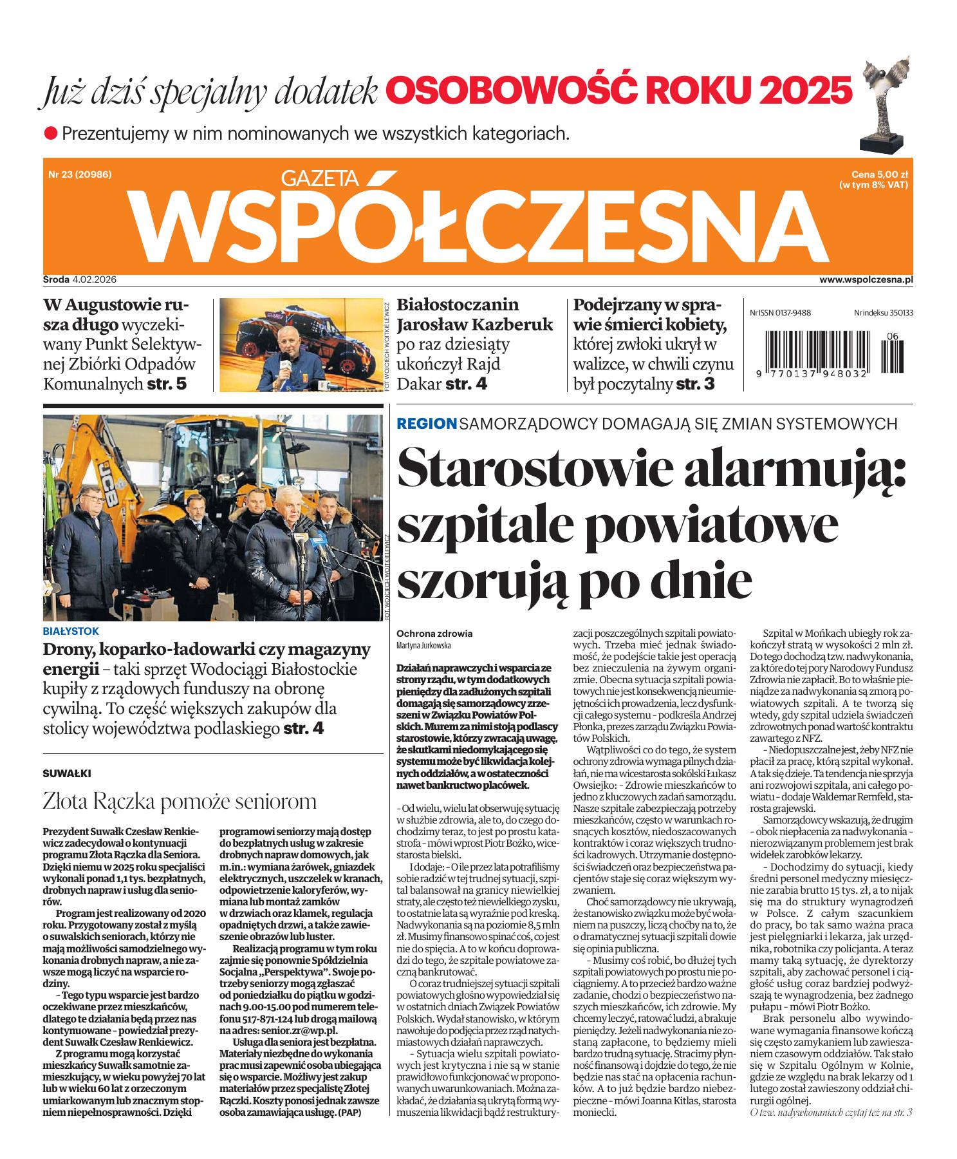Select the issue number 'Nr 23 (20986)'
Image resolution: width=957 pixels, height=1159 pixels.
click(80, 174)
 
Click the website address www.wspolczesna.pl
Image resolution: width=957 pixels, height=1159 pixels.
click(866, 279)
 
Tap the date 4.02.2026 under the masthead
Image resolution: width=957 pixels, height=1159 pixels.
click(100, 279)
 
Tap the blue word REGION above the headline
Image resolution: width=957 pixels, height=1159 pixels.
click(427, 424)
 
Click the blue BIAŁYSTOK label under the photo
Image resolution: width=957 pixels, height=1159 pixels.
click(71, 632)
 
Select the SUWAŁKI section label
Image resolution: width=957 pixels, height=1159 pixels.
click(64, 772)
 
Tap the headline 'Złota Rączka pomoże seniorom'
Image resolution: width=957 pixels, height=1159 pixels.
click(180, 802)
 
